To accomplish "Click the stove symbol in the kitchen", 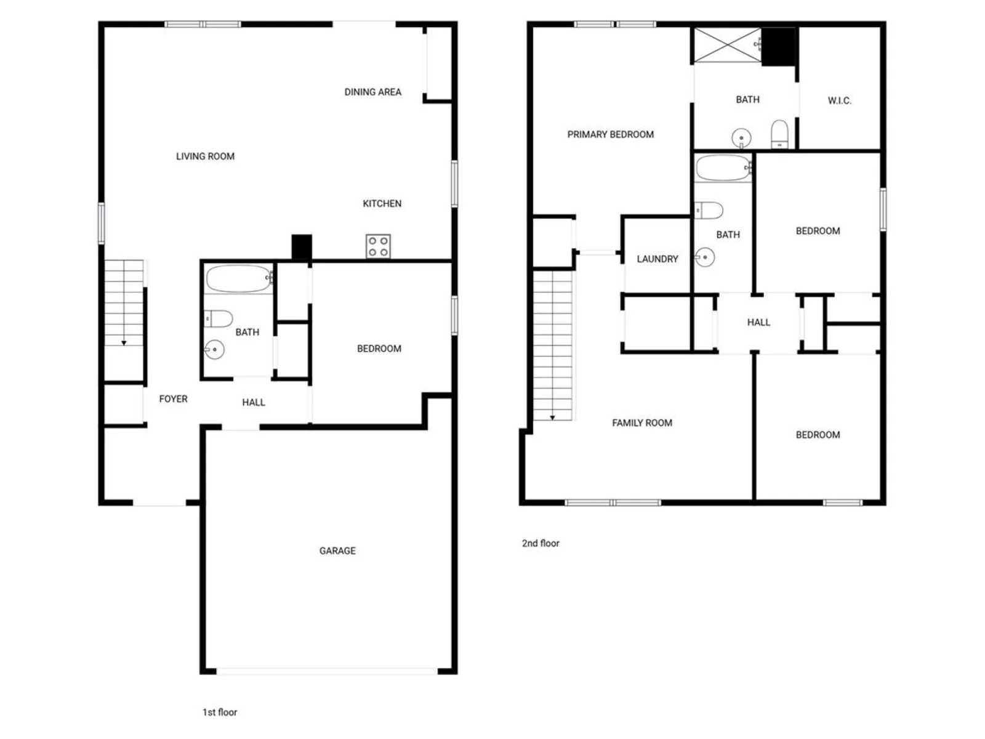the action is point(378,246).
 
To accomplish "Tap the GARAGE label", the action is point(337,551).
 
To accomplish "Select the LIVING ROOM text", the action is point(205,156).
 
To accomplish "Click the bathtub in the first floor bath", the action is point(239,278).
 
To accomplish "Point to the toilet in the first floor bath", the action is point(219,319).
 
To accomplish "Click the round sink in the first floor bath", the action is point(214,350).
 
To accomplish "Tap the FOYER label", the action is point(173,399).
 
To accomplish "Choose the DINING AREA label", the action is point(373,92).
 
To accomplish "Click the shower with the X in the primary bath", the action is point(728,45).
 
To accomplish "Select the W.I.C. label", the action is point(839,100).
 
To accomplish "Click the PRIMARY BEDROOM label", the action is point(610,134).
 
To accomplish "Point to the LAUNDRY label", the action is point(657,259).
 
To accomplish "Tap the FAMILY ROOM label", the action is point(642,422).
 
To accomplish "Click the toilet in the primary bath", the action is point(779,134).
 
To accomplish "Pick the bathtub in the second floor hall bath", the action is point(723,168).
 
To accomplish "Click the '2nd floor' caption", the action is point(541,543).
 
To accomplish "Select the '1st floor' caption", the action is point(219,712).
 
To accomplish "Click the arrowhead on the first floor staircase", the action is point(124,343).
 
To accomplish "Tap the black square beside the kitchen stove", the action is point(302,246).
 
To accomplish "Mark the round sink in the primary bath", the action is point(741,138).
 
